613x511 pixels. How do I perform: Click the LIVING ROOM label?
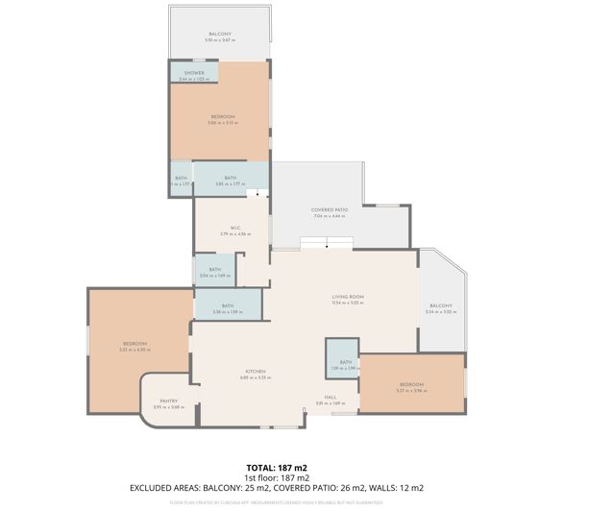pos(344,298)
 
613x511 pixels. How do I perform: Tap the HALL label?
pos(330,398)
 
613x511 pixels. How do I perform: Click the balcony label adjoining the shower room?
pos(220,34)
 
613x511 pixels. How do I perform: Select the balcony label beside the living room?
pos(440,306)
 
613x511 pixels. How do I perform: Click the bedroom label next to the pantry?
pos(135,344)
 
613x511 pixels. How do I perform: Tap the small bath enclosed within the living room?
pos(343,362)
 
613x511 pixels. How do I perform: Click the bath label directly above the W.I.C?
pos(231,178)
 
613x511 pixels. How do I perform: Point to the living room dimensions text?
pos(344,304)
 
